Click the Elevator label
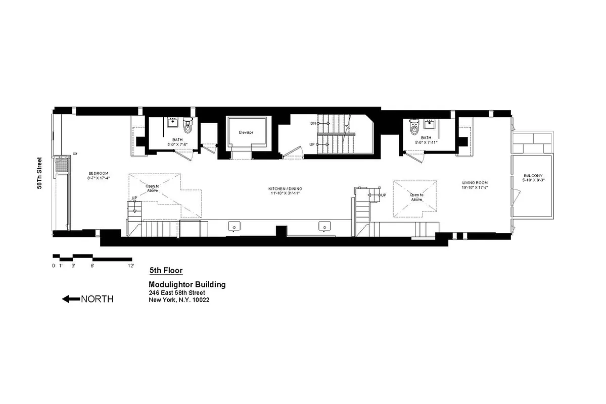246,132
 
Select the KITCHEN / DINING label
285,189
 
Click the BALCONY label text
534,176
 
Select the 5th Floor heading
162,271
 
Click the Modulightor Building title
187,284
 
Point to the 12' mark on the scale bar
131,265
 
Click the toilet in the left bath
188,126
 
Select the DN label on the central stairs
313,123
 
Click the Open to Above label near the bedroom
152,189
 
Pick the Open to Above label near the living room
416,197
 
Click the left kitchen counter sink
234,226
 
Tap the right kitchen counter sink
322,226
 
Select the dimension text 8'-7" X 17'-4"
99,178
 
